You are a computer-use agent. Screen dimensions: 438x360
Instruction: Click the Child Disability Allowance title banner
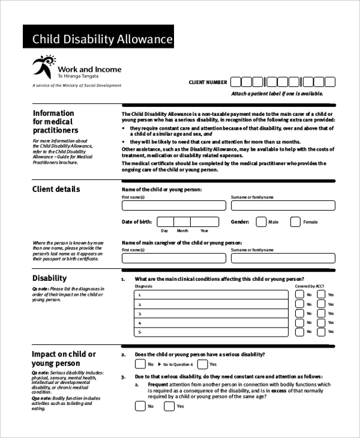pos(98,40)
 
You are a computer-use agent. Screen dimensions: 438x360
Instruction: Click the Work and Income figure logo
pos(44,67)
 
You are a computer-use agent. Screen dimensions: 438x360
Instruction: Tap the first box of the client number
pos(236,82)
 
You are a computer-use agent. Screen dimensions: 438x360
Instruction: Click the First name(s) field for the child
pos(174,205)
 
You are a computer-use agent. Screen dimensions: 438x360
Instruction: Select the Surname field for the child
pos(283,205)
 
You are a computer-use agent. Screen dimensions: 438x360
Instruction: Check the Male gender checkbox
pos(260,222)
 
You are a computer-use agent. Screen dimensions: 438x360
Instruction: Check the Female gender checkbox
pos(295,222)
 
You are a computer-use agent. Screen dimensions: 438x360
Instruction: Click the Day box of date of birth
pos(164,221)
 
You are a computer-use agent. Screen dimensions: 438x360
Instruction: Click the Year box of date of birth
pos(204,221)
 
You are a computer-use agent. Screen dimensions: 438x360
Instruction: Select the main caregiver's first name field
pos(174,258)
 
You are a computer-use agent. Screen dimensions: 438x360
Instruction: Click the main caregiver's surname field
pos(283,258)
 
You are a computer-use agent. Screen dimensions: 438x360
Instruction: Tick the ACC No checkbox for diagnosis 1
pos(300,295)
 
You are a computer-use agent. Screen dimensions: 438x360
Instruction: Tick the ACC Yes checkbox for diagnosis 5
pos(322,332)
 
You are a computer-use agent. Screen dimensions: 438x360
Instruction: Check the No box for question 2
pos(140,364)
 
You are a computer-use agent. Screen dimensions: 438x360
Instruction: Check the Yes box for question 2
pos(202,364)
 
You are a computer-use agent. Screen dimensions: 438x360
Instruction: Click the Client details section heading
pos(56,190)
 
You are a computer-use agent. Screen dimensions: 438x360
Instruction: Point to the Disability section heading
pos(49,278)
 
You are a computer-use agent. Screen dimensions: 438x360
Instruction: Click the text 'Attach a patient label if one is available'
pos(277,94)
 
